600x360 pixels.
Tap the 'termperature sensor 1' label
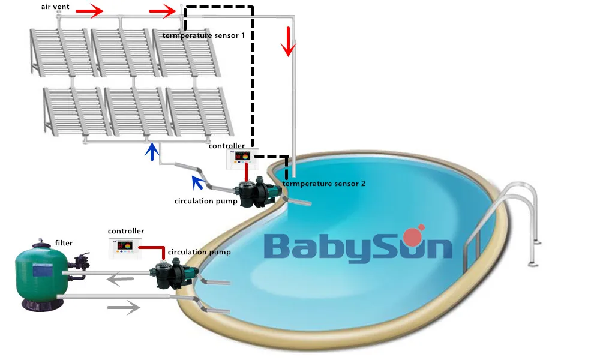[203, 35]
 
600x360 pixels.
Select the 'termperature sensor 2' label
[323, 184]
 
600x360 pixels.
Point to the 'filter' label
[64, 243]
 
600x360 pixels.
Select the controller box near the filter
[126, 247]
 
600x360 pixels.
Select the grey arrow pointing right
[123, 307]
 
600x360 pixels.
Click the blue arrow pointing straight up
[154, 152]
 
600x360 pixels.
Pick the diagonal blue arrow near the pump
[197, 182]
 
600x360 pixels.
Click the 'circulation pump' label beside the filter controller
[199, 253]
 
